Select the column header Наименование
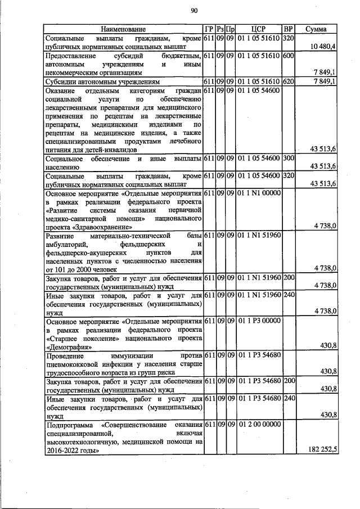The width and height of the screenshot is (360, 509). [x=123, y=29]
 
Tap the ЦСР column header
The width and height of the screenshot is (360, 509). [x=259, y=29]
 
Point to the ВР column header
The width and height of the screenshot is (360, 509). [x=288, y=29]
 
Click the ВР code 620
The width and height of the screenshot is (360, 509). [x=289, y=82]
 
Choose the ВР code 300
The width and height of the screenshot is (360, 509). [x=289, y=159]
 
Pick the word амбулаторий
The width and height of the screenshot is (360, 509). [x=67, y=245]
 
